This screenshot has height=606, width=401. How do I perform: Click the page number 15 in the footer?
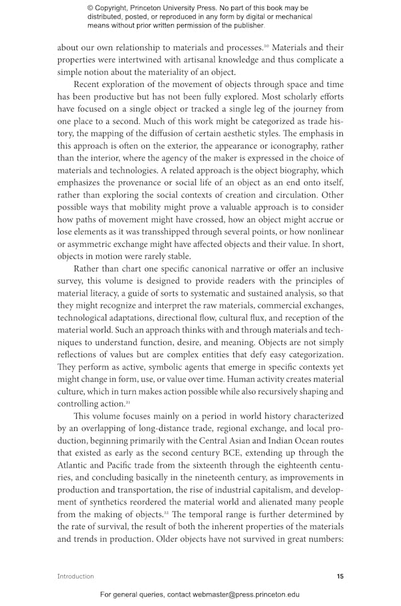click(x=340, y=576)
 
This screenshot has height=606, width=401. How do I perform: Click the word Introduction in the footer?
click(x=76, y=576)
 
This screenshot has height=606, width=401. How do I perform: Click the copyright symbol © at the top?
click(x=91, y=8)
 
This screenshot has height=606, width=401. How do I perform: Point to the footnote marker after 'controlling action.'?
click(x=128, y=401)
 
